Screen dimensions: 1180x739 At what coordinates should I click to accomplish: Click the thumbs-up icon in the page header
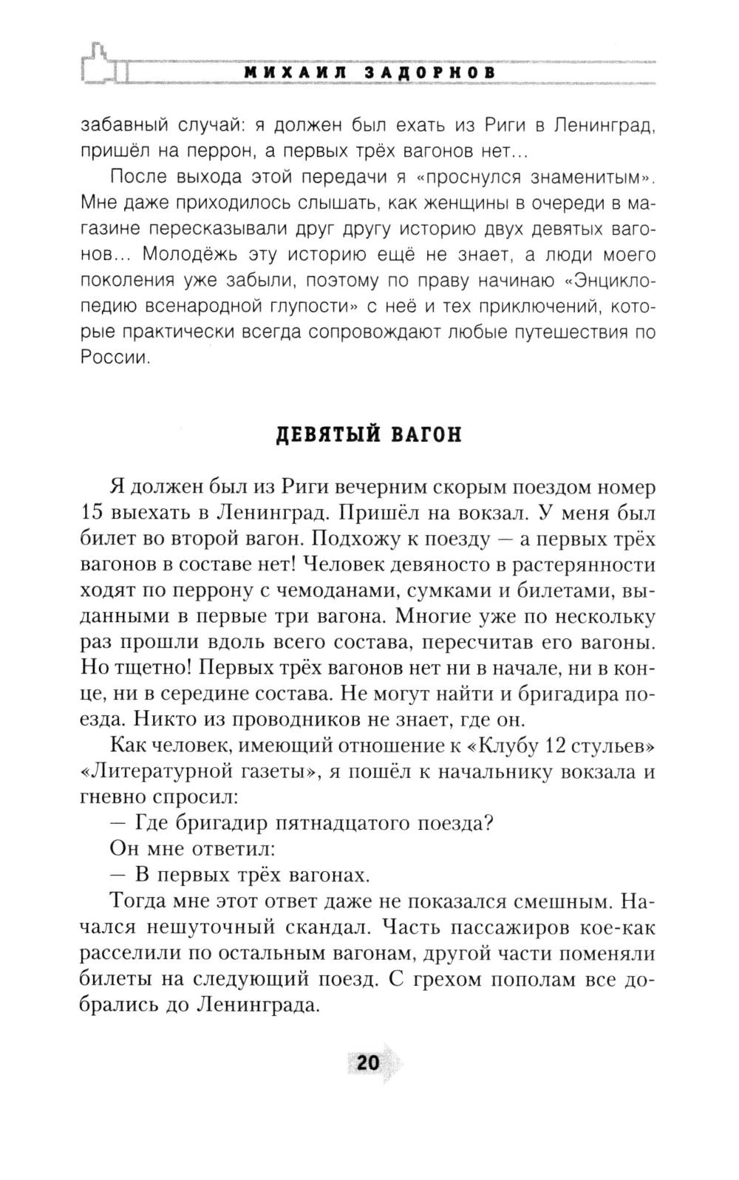tap(103, 64)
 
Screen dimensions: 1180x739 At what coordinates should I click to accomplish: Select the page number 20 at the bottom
tap(367, 1063)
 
